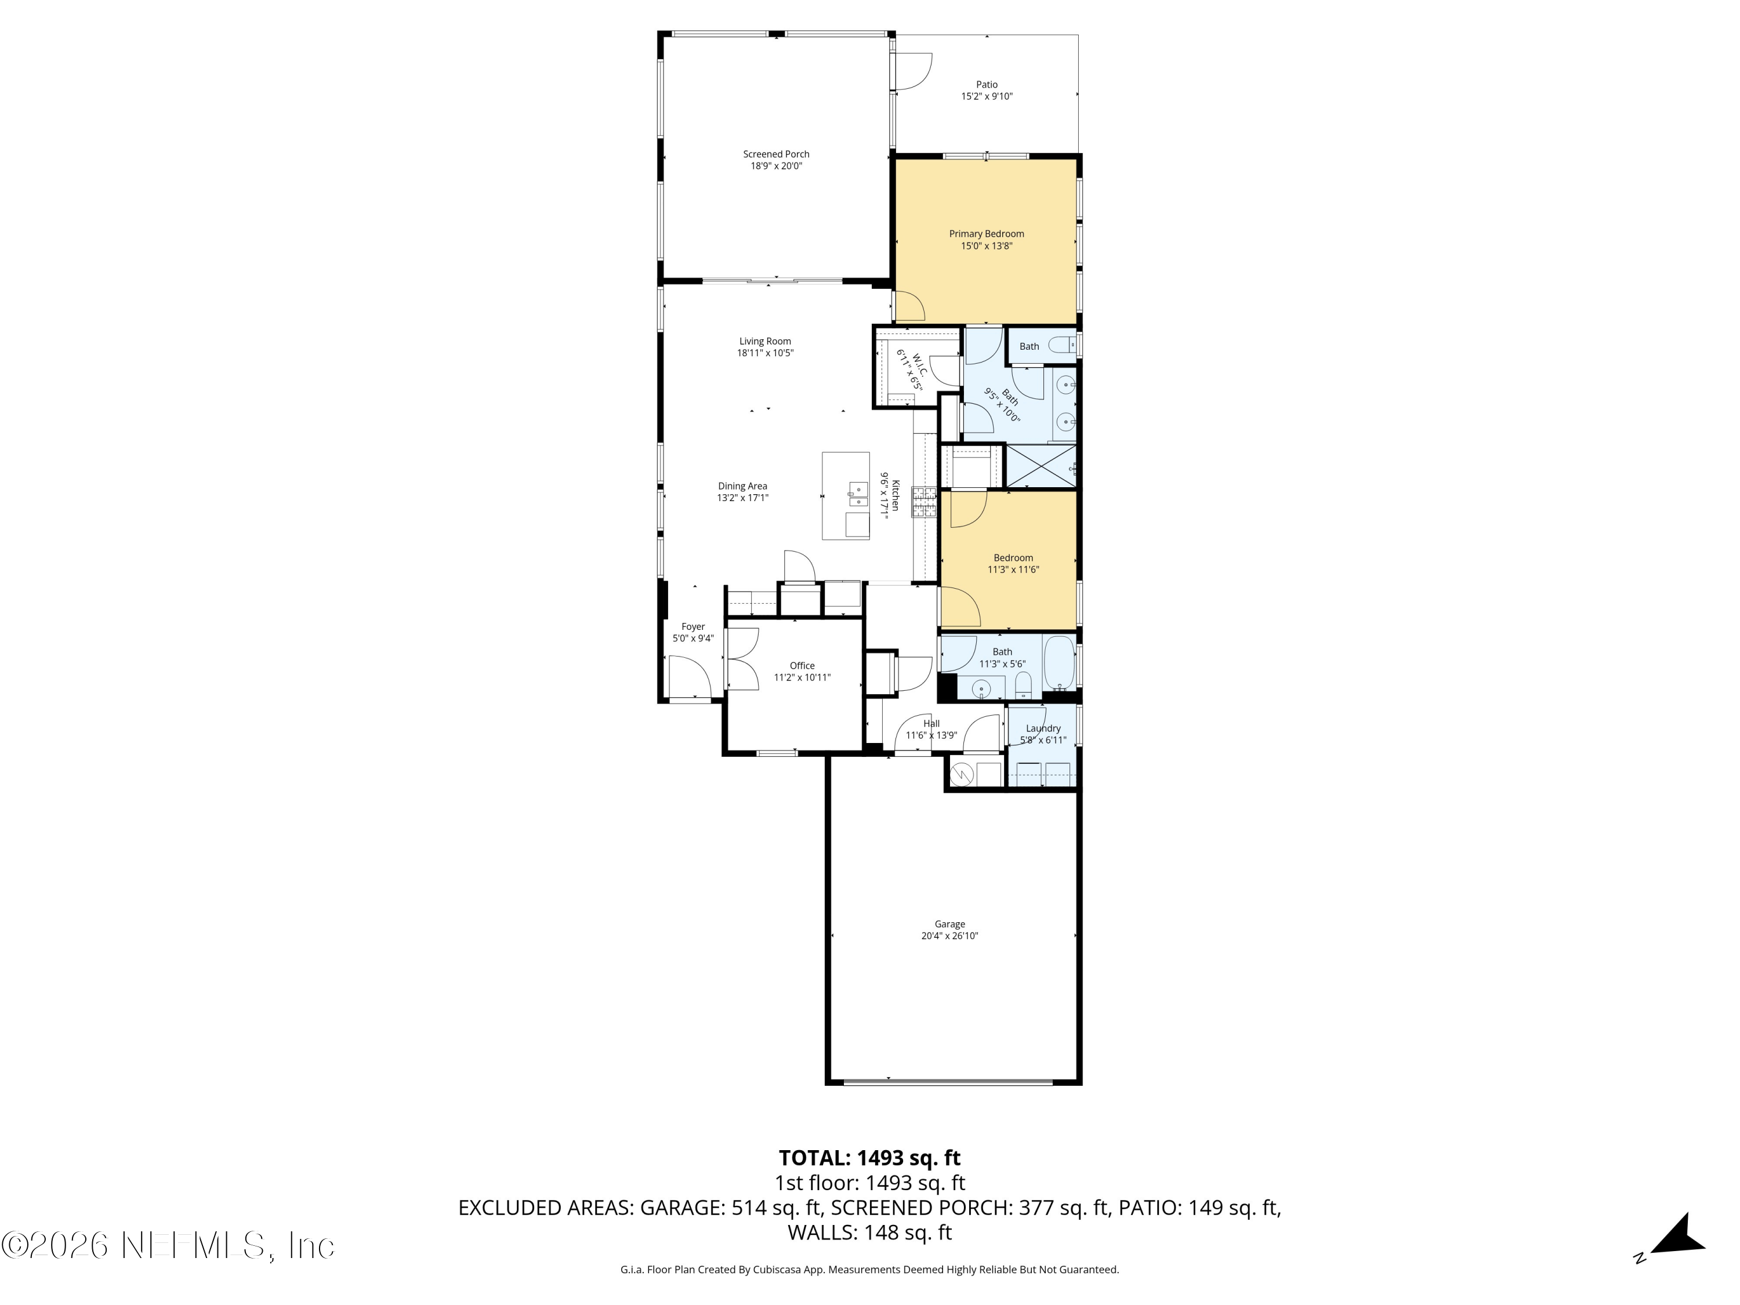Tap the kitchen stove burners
[x=925, y=502]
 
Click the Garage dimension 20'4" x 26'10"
[x=949, y=936]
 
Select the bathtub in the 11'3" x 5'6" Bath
[x=1058, y=663]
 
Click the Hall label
[x=931, y=724]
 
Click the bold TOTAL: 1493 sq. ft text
[x=869, y=1158]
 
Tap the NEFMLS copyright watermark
[x=168, y=1245]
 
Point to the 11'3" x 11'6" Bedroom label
[x=1013, y=563]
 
